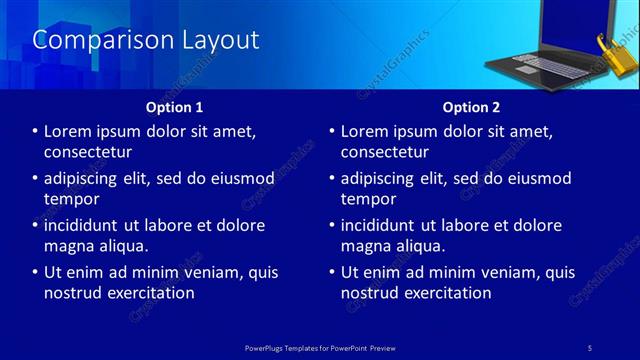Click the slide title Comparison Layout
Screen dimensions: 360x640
coord(146,40)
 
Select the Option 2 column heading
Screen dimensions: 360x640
coord(471,106)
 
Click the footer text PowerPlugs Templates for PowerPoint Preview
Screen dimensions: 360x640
coord(321,346)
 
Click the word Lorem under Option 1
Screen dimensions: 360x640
coord(71,132)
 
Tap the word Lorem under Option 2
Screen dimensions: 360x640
coord(367,132)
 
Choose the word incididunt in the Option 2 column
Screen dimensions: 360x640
coord(385,226)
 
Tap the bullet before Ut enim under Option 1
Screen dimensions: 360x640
coord(36,272)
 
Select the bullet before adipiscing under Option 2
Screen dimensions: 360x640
coord(332,179)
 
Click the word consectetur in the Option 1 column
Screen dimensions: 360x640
coord(88,152)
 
